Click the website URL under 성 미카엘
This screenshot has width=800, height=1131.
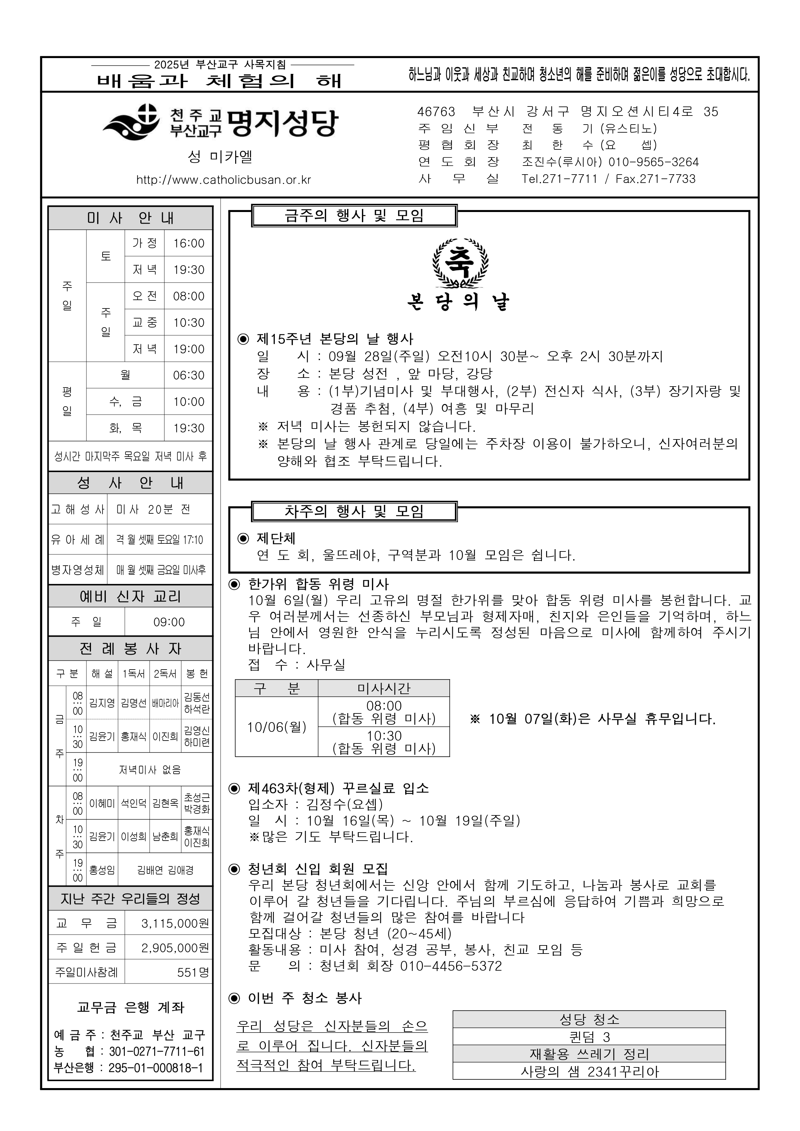click(x=224, y=180)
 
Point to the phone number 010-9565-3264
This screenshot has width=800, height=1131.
click(x=653, y=162)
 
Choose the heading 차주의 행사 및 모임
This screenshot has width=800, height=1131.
click(x=354, y=511)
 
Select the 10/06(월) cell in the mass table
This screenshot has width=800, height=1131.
click(x=276, y=727)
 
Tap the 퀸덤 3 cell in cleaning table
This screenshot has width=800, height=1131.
click(x=589, y=1037)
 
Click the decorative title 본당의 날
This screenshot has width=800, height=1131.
click(x=459, y=302)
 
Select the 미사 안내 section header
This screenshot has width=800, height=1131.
click(x=131, y=218)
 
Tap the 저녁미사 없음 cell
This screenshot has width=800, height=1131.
click(x=150, y=769)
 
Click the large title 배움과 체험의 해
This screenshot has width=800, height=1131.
click(x=220, y=80)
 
